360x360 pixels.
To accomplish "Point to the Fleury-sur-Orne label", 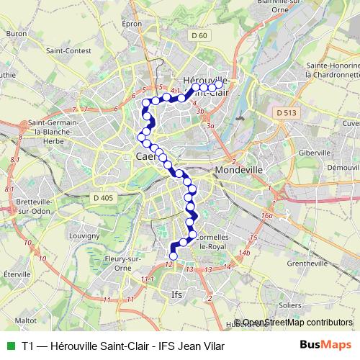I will click(x=124, y=261).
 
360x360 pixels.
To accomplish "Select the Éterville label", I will click(x=16, y=274).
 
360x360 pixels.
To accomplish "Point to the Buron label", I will click(x=16, y=33).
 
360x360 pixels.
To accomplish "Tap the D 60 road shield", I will click(x=199, y=35).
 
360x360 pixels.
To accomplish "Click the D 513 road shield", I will click(x=286, y=113).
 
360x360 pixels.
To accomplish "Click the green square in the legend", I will click(x=9, y=346).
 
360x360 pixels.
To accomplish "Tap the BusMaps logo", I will click(x=327, y=346).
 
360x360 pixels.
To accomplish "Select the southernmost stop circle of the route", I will click(x=173, y=255).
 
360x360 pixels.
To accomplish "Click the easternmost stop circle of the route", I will click(x=220, y=85).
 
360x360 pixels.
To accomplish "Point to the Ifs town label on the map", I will click(x=176, y=294).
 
